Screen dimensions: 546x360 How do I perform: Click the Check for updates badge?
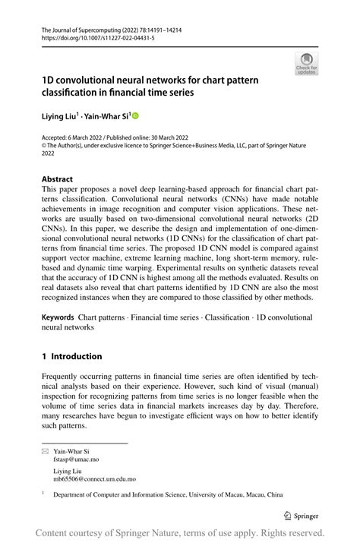click(x=306, y=63)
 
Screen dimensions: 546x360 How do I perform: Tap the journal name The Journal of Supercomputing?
click(x=82, y=27)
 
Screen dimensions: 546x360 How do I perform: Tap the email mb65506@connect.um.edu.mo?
click(x=94, y=479)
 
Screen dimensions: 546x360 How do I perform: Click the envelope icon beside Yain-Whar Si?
click(x=44, y=450)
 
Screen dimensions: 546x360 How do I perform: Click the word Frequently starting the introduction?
click(x=66, y=377)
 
